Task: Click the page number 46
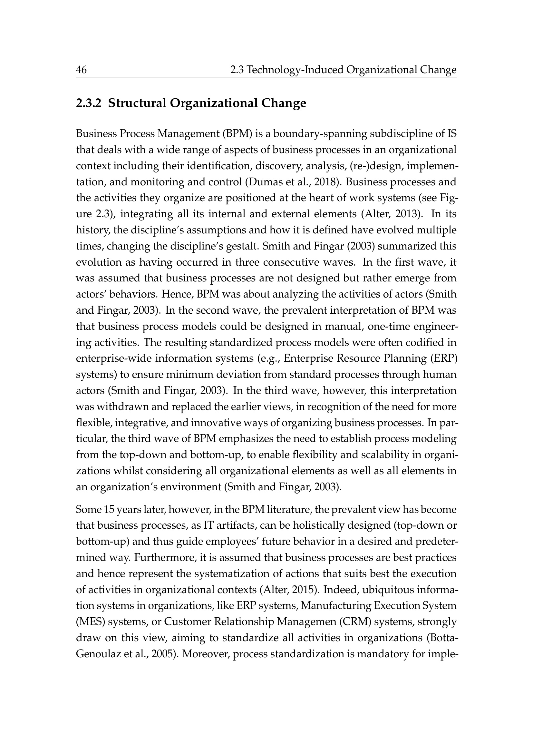(x=82, y=70)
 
